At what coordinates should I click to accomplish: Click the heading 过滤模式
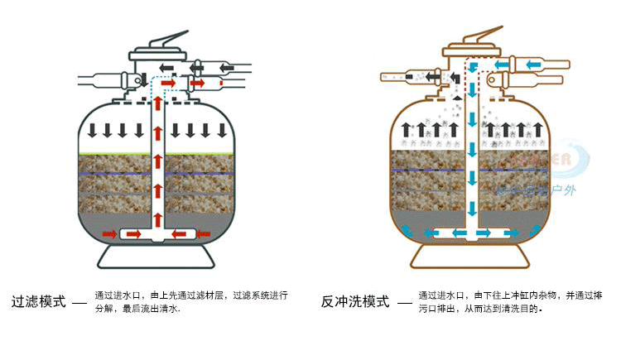coord(38,301)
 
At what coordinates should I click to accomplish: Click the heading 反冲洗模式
coord(355,301)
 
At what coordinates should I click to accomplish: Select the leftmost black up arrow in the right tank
coord(406,130)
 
